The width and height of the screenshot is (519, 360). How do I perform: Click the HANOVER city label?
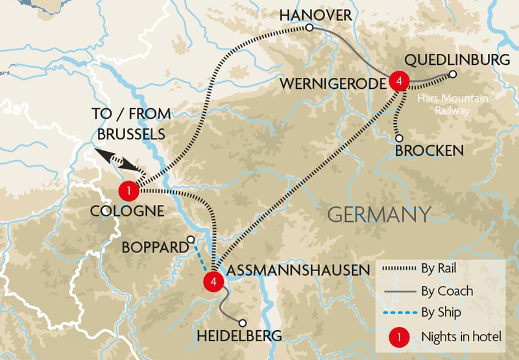coord(315,14)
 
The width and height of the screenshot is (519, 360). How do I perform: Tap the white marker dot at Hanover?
coord(309,28)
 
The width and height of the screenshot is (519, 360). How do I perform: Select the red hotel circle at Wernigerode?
coord(400,81)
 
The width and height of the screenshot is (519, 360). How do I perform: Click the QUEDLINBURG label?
coord(457,60)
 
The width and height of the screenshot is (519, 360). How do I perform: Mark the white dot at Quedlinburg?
coord(453,75)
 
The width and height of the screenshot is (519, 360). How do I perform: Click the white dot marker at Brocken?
coord(399,138)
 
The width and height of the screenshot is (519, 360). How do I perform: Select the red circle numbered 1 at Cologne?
coord(129,191)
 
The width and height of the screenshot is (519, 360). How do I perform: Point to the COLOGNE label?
coord(126,211)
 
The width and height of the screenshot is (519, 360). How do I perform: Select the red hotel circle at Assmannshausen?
coord(212,281)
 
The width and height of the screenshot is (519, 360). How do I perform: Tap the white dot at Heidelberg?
coord(243,322)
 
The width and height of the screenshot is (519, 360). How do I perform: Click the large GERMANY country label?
coord(380,214)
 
